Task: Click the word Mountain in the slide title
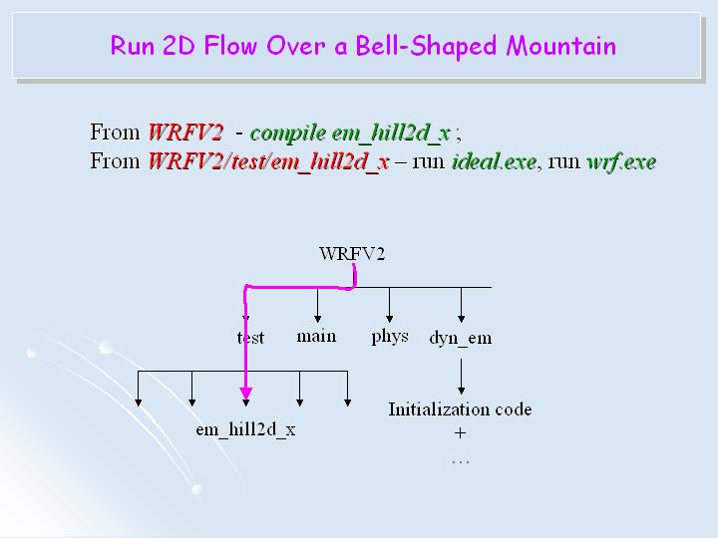point(560,46)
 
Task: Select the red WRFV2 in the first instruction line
point(185,133)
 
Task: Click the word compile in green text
point(281,133)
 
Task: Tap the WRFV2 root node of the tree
point(352,253)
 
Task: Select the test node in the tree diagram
point(251,338)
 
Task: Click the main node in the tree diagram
point(316,336)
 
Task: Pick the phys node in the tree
point(390,336)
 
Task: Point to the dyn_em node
point(460,338)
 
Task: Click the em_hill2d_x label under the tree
point(244,429)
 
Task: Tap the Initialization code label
point(460,409)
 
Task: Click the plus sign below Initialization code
point(460,433)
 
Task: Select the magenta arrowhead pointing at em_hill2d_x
point(245,400)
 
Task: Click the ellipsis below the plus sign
point(460,461)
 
